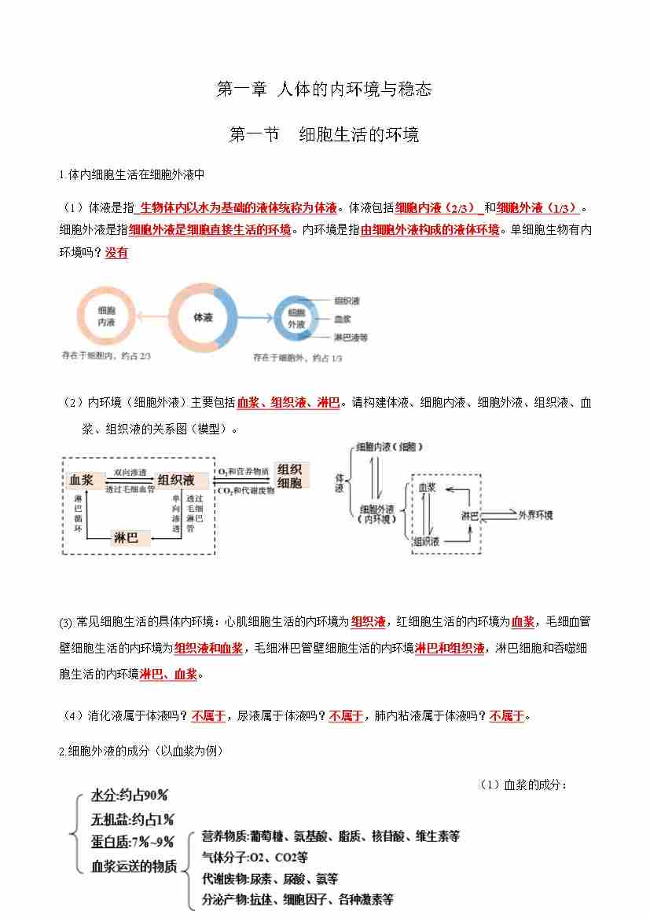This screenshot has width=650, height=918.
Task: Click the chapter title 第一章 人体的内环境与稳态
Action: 324,90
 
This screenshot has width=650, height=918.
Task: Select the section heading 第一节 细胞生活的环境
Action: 324,135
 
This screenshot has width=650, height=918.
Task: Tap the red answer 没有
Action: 116,253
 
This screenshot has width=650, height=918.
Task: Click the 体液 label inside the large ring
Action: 203,317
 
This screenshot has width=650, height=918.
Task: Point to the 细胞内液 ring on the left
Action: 106,316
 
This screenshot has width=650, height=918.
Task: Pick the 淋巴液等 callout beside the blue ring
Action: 351,338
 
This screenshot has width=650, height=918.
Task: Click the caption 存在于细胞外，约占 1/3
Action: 297,358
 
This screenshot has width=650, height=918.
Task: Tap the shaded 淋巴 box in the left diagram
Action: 126,538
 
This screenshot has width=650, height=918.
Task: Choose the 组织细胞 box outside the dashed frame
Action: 289,476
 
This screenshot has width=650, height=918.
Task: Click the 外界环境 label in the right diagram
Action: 534,515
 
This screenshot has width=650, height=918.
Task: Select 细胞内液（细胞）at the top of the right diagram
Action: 389,446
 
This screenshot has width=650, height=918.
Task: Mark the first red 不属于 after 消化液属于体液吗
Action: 208,716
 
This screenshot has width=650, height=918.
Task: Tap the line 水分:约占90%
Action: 130,795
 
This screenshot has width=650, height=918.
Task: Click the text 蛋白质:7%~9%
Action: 132,843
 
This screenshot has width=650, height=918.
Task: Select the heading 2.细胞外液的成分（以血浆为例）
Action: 141,752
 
